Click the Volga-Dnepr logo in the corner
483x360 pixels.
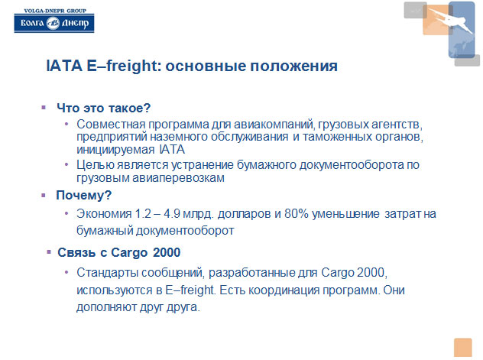(54, 21)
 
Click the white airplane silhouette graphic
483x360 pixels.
(450, 20)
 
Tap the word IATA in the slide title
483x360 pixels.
(64, 66)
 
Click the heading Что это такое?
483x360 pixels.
(103, 108)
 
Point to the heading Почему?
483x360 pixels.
(83, 195)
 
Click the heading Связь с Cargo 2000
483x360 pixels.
(119, 252)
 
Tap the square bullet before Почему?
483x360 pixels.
(44, 195)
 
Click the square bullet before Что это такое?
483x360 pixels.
(44, 108)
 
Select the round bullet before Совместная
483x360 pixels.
(66, 124)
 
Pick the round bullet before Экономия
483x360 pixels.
(66, 213)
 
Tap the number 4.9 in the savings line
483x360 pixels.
(172, 214)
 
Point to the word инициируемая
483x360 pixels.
(115, 150)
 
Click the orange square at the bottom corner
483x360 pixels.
(462, 347)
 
